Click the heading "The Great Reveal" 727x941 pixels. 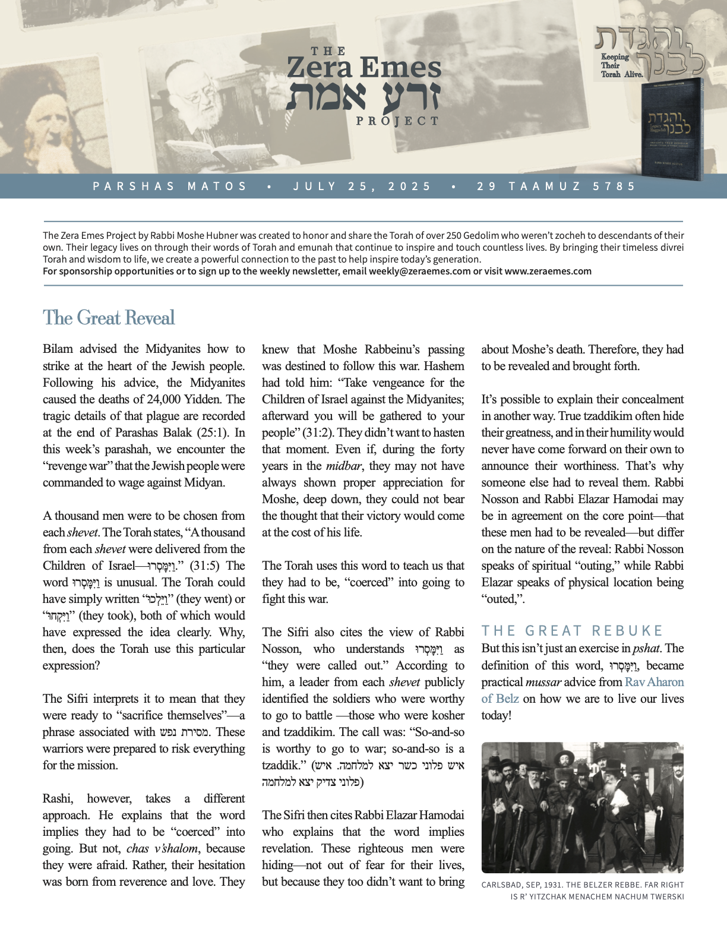109,318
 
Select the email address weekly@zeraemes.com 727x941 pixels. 419,271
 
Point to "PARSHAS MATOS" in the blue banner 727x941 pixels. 170,187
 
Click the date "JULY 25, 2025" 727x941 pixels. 362,187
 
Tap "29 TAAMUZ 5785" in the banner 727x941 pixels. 556,187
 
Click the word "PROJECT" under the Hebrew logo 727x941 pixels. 397,121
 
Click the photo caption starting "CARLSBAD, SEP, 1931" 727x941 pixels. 582,891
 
